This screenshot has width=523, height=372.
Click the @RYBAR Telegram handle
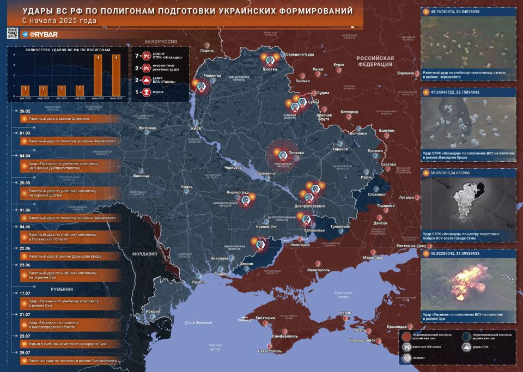(40, 34)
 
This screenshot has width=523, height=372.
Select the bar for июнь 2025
(98, 76)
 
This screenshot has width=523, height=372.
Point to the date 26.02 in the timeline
(25, 111)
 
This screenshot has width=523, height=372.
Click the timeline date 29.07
(25, 353)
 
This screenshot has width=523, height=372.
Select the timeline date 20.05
(25, 184)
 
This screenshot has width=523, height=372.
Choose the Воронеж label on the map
(405, 73)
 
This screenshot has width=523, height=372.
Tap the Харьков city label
(340, 149)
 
